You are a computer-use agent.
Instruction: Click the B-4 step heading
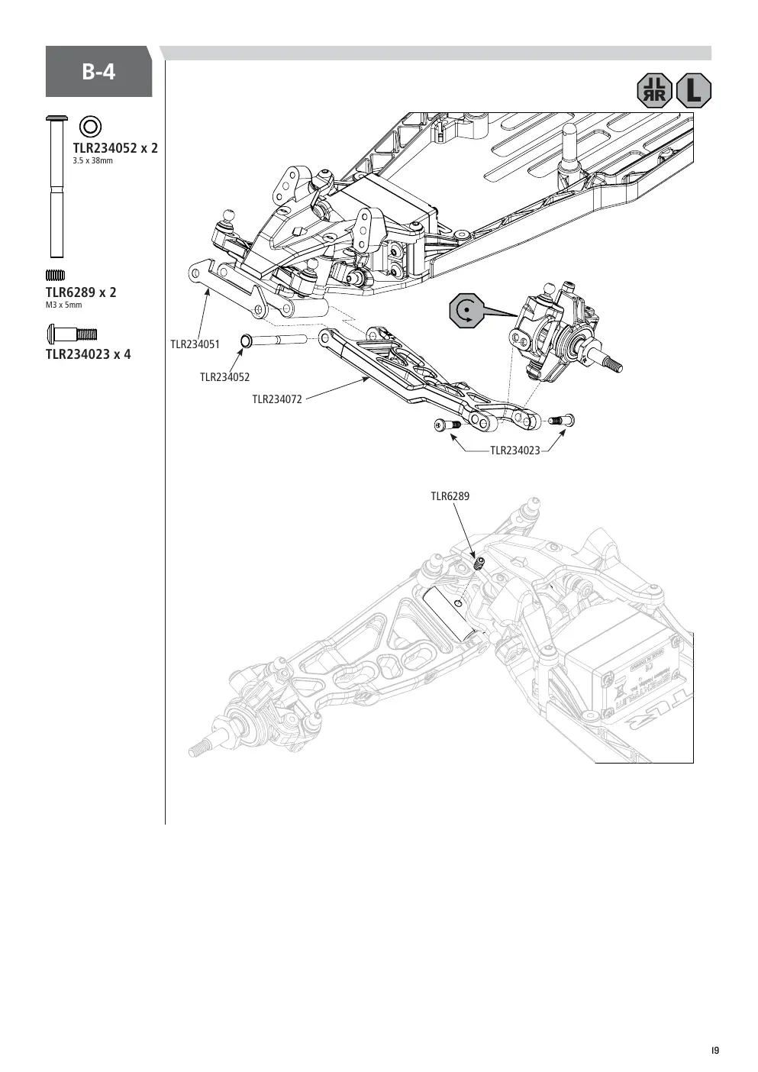point(98,73)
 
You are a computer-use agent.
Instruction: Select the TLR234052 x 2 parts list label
point(115,148)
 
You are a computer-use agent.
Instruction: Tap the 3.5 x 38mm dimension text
point(93,161)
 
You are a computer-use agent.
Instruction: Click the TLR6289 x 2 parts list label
point(81,292)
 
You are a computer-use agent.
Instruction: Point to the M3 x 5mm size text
point(63,305)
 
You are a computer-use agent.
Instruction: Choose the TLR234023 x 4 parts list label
point(88,354)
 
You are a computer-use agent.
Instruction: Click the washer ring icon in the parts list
point(90,128)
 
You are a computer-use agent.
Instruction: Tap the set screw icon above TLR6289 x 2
point(55,275)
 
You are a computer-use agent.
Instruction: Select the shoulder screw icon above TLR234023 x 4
point(73,334)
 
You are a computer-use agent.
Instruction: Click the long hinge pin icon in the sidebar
point(56,186)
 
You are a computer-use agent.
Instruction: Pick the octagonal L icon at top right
point(694,90)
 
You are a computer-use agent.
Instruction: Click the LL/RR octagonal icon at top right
point(655,90)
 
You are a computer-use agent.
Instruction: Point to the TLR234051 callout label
point(195,344)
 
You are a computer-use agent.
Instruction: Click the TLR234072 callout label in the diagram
point(277,399)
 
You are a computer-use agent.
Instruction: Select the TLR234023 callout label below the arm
point(515,450)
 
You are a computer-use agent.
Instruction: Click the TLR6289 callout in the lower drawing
point(450,496)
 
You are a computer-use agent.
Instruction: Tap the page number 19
point(715,1038)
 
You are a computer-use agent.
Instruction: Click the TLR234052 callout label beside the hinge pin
point(225,378)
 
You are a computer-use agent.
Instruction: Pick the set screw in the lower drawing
point(479,563)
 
